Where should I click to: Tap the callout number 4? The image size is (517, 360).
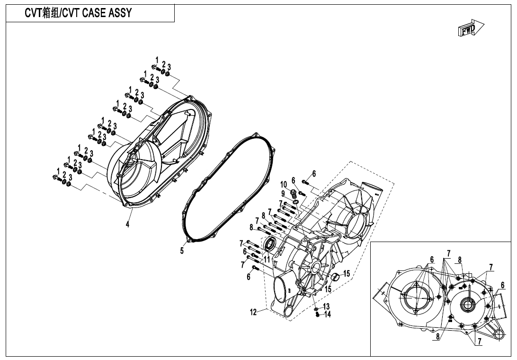click(x=127, y=225)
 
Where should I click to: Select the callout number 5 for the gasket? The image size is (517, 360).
click(x=182, y=251)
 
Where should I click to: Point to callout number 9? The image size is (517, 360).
click(x=283, y=194)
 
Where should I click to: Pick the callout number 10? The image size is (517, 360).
click(x=283, y=185)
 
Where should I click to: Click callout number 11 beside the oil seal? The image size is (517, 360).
click(x=267, y=260)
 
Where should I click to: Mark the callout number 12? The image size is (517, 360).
click(x=254, y=312)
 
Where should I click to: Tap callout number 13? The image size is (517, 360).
click(x=326, y=307)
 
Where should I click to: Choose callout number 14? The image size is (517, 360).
click(x=328, y=315)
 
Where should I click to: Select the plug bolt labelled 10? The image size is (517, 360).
click(x=293, y=193)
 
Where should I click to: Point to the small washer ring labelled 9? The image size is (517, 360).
click(x=295, y=203)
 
